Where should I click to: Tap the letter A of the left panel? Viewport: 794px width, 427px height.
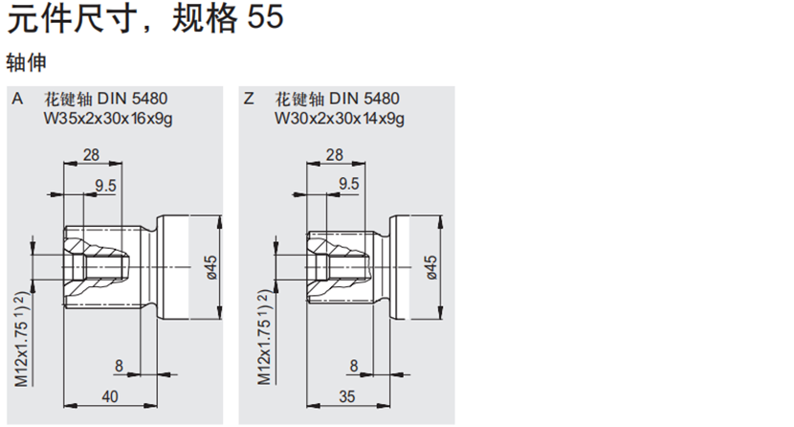click(16, 99)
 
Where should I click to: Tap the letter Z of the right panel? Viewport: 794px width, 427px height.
click(250, 99)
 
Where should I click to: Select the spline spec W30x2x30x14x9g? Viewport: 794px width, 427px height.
click(340, 119)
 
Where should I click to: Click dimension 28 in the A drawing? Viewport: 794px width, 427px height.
click(92, 155)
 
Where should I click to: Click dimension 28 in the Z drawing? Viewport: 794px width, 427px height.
click(334, 155)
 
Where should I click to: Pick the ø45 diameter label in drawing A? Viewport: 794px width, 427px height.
click(211, 266)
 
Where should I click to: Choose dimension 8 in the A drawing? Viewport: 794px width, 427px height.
click(119, 365)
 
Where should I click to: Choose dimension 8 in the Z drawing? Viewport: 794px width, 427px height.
click(353, 365)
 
